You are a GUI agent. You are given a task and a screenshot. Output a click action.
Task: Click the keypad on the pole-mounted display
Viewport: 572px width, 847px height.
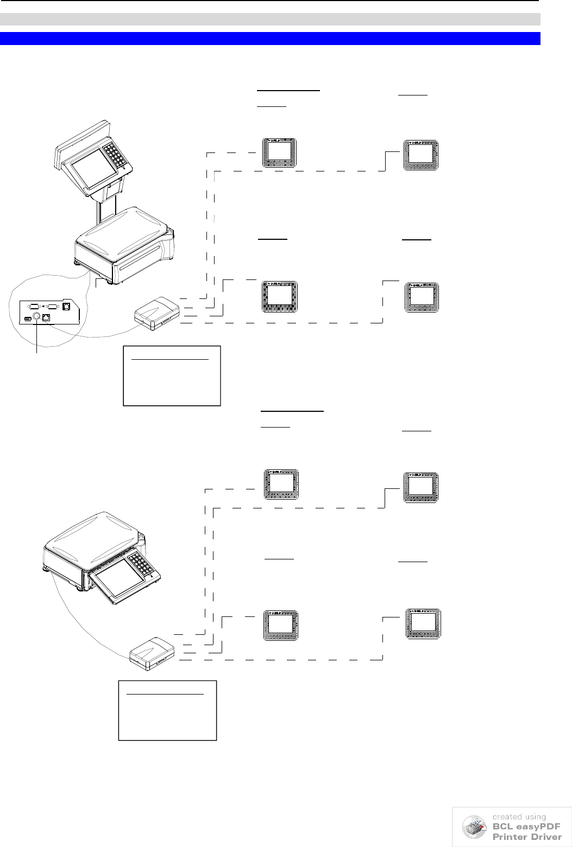pos(117,154)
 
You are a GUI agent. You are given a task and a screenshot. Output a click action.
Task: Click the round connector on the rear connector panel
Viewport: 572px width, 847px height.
pos(37,317)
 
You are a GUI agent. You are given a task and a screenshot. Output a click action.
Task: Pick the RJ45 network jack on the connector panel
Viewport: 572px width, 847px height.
pos(47,318)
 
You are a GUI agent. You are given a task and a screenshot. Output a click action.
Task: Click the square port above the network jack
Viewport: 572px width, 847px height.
pos(66,305)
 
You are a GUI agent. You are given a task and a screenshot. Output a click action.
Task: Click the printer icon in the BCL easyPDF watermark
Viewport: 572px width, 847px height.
pos(474,827)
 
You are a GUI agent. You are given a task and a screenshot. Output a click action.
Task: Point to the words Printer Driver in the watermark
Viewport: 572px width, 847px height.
pos(527,837)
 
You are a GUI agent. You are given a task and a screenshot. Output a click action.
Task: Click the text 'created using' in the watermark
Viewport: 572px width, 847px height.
pos(519,817)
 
